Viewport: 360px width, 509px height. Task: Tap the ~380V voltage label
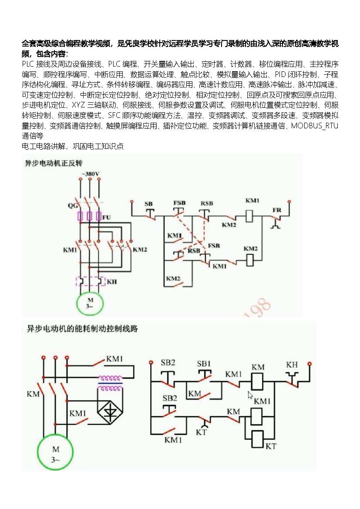(x=90, y=174)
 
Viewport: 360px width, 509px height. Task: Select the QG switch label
(x=72, y=205)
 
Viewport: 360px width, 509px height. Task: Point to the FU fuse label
(x=107, y=217)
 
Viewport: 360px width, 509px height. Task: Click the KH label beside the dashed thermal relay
(x=112, y=282)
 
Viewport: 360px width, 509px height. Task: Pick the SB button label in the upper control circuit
(x=148, y=204)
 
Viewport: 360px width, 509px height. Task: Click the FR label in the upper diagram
(x=277, y=210)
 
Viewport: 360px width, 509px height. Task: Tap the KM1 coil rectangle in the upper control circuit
(x=249, y=216)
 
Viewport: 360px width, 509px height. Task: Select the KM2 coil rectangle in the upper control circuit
(x=249, y=260)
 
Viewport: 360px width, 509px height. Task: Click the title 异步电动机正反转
(x=54, y=163)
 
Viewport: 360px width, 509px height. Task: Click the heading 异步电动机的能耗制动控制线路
(x=82, y=329)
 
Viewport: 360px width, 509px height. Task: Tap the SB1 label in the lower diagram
(x=204, y=364)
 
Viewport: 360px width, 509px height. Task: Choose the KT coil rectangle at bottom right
(x=258, y=439)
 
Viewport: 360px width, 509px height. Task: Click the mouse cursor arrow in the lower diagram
(x=250, y=395)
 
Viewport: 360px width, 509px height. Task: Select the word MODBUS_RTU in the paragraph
(x=315, y=126)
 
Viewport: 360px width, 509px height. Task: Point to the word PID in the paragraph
(x=280, y=74)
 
